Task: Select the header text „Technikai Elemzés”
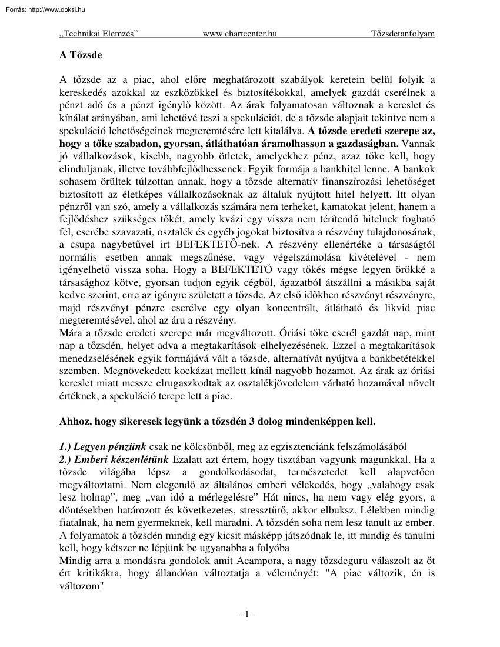tap(99, 34)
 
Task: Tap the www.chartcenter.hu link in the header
tap(239, 34)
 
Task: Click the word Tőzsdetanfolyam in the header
tap(403, 34)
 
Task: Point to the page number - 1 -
tap(247, 615)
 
